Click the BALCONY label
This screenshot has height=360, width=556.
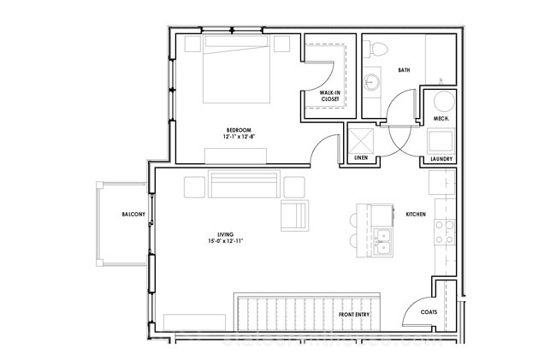point(133,215)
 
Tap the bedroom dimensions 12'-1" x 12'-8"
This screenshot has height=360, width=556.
point(240,137)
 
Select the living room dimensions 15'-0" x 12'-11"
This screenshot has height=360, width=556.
point(226,241)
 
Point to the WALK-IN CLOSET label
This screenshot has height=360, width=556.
point(330,96)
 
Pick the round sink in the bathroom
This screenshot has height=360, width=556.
point(372,81)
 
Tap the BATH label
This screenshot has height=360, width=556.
point(405,70)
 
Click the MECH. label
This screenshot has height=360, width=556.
point(441,119)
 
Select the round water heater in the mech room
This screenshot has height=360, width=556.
point(444,102)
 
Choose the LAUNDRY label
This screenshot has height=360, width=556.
point(441,159)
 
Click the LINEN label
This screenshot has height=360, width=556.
point(361,157)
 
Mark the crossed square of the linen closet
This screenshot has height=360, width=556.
point(361,141)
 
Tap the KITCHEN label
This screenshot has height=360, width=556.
point(416,215)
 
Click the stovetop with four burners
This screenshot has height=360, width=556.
point(445,232)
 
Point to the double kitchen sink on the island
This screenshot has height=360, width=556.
point(382,242)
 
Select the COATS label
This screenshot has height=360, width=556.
point(429,312)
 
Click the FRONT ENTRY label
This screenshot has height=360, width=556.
point(354,315)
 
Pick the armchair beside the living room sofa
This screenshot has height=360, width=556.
point(294,215)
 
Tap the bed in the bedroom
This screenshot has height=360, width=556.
point(236,68)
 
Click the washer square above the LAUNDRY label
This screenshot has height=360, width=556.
point(441,142)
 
